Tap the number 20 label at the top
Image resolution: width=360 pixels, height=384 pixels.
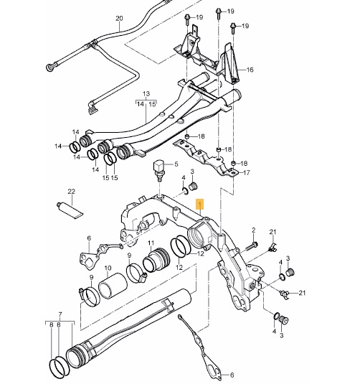point(119,18)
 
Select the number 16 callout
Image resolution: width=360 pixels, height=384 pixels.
point(250,70)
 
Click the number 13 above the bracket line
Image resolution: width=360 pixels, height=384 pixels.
point(146,94)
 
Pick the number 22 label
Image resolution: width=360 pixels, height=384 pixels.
point(71,192)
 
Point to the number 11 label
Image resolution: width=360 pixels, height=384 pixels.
point(151,243)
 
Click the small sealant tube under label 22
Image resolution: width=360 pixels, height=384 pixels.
point(70,209)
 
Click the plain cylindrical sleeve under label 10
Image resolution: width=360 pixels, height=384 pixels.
point(113,289)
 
